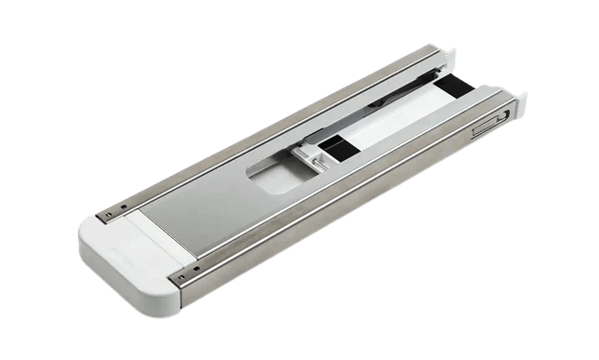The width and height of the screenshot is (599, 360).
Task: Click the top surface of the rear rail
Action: [279, 121]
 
